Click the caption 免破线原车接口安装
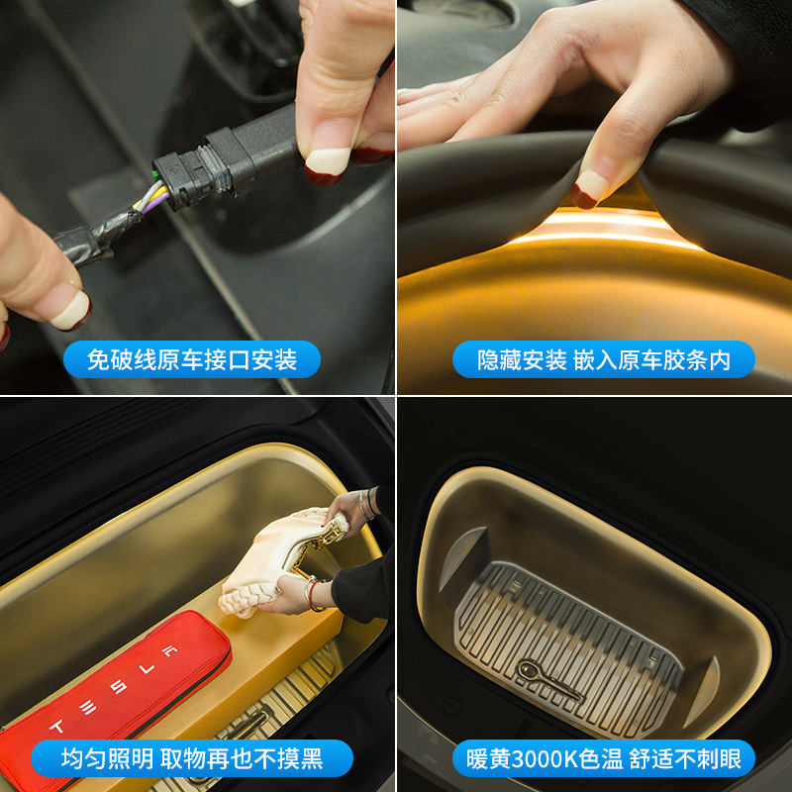click(192, 359)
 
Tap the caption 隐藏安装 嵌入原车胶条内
click(604, 359)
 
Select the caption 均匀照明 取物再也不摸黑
click(192, 758)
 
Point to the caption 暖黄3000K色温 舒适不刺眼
click(604, 758)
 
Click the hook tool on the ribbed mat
click(549, 679)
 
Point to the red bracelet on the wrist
click(314, 595)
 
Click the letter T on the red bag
click(56, 727)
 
